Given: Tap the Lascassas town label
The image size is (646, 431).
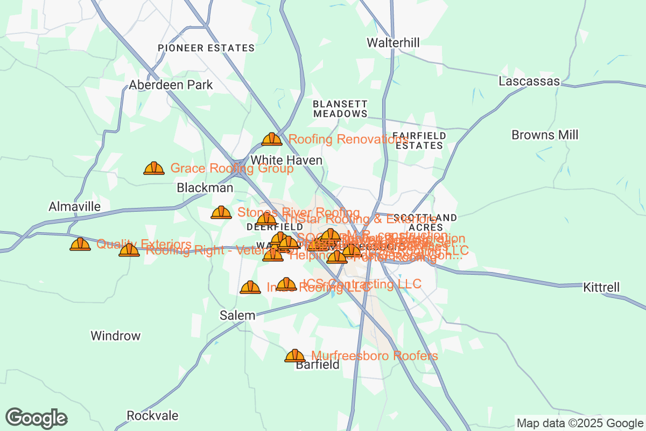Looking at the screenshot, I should coord(529,81).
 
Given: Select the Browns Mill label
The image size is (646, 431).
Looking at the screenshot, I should coord(545,135).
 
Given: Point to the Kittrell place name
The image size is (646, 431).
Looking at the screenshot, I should coord(601,288).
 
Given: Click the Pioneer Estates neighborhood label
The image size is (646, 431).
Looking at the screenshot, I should coord(206,48).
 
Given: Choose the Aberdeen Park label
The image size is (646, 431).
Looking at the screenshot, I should coord(171,85).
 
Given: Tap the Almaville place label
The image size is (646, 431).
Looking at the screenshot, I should coord(74,206).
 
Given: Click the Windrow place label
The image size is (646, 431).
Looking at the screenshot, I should coord(115,336).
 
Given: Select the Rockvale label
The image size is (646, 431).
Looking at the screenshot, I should coord(152,416).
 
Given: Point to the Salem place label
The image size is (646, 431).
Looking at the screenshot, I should coord(237,315).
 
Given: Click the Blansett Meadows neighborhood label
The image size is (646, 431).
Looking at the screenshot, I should coord(340,108).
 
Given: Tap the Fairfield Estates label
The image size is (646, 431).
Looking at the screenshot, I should coord(419,140).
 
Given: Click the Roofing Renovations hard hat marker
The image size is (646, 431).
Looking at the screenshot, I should coord(272,140).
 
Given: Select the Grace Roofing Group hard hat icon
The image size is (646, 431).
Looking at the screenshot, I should coord(154,169).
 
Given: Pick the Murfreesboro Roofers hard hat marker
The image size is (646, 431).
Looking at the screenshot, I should coord(294,356).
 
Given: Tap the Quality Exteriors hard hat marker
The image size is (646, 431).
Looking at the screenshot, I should coord(80,245).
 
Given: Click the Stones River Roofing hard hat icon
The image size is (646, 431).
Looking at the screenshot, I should coord(221,213).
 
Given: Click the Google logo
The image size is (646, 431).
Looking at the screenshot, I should coord(37,418).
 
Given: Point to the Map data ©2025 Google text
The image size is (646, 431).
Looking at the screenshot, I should coord(579,423).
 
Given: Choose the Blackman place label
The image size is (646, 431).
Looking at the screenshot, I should coord(205,188).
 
